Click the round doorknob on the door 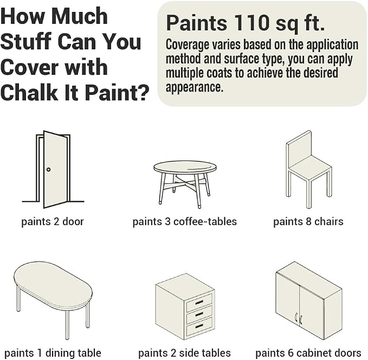pyautogui.click(x=48, y=169)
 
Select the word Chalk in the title pyautogui.click(x=29, y=92)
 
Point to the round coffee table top pyautogui.click(x=185, y=168)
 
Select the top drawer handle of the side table pyautogui.click(x=199, y=303)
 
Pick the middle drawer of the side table pyautogui.click(x=199, y=314)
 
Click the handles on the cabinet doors pyautogui.click(x=298, y=318)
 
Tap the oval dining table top pyautogui.click(x=53, y=284)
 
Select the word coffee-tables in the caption pyautogui.click(x=205, y=221)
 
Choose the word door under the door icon pyautogui.click(x=73, y=221)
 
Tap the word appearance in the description pyautogui.click(x=195, y=87)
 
